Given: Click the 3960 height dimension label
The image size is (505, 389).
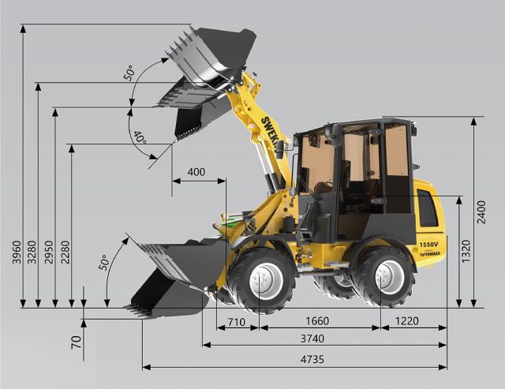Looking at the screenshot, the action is [x=17, y=252].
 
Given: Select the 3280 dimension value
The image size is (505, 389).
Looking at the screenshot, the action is [x=32, y=252].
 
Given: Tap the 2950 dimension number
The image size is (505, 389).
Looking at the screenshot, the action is [x=49, y=252].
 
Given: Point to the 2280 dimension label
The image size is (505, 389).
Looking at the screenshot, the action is [x=65, y=252].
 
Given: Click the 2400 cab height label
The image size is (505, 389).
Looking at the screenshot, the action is [x=481, y=212].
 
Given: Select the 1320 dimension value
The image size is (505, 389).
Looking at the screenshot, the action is [x=466, y=251].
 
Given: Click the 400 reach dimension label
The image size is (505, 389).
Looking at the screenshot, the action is [x=196, y=172].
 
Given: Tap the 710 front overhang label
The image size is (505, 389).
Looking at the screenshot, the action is [x=237, y=322].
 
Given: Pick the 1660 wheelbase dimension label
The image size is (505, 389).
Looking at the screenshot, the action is [x=317, y=321].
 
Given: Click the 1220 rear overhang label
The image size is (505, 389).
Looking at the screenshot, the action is [x=407, y=321].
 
